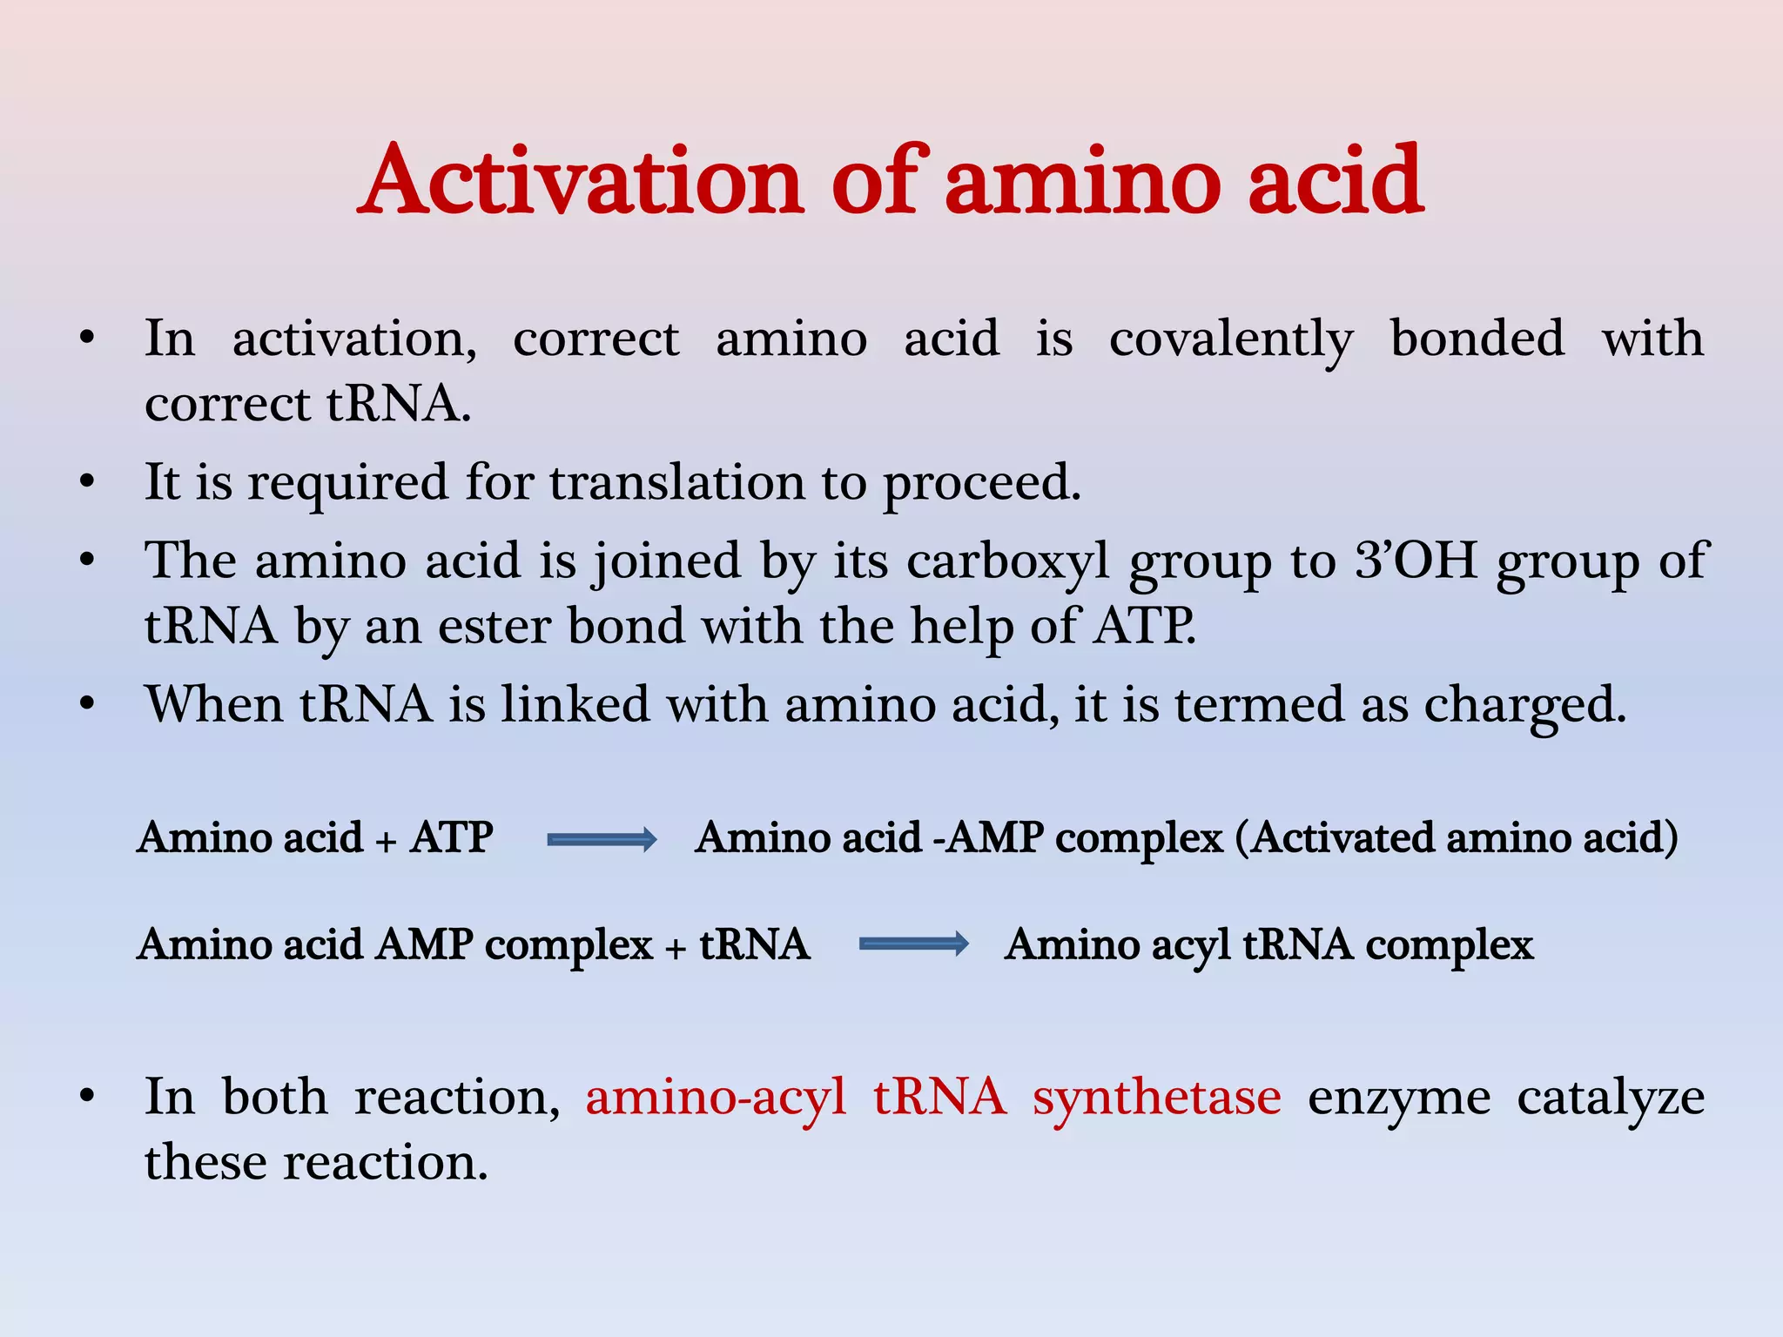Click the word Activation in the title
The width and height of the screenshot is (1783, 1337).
581,181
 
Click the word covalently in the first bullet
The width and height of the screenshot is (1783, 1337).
1230,339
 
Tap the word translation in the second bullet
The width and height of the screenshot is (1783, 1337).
677,482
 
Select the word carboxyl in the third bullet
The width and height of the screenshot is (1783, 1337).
1008,561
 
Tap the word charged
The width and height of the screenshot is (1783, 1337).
1524,705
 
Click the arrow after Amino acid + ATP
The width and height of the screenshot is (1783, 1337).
602,839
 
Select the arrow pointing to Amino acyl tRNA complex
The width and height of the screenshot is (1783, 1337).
913,944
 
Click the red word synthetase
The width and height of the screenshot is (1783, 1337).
1156,1097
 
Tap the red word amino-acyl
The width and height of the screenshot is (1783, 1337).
715,1097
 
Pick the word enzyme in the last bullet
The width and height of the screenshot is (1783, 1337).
1398,1097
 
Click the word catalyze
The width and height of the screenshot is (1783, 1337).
1610,1097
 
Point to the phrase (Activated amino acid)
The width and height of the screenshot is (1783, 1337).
1457,837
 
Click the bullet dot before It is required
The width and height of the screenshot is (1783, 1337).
86,482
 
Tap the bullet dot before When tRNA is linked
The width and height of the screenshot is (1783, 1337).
86,704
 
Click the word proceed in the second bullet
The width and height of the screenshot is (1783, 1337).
981,484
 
